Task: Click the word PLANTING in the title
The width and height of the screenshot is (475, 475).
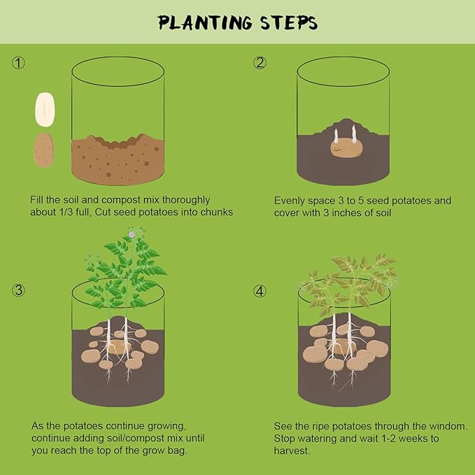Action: [x=205, y=22]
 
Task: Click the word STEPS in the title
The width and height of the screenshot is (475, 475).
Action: [x=290, y=22]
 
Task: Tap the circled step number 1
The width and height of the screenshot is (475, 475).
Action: [x=18, y=63]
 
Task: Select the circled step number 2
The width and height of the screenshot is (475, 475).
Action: [x=260, y=63]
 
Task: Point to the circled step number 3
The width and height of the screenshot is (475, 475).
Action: [x=18, y=290]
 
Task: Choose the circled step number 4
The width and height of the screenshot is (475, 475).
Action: [x=260, y=291]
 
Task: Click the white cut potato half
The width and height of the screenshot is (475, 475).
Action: [x=45, y=109]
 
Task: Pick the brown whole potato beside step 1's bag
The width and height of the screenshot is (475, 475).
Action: [x=44, y=150]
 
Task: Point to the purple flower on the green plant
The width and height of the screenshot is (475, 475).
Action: [x=132, y=234]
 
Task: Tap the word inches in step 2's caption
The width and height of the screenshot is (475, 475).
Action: [x=347, y=213]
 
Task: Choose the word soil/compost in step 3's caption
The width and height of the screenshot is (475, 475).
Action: [x=134, y=439]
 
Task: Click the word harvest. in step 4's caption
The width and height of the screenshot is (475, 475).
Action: [x=292, y=451]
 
